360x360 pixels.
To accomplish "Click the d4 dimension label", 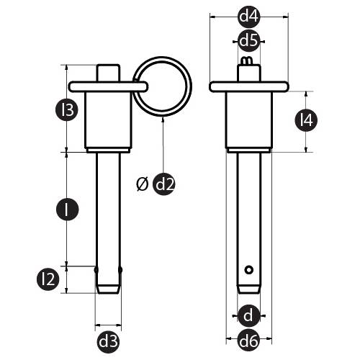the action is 249,17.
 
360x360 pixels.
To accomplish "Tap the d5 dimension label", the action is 249,40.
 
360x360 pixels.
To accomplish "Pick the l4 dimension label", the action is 306,120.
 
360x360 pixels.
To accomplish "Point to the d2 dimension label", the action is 164,184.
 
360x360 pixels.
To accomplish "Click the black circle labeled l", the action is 68,210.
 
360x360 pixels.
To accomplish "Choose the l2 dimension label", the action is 48,279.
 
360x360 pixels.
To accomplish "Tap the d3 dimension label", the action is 108,342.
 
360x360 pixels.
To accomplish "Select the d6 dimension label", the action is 249,341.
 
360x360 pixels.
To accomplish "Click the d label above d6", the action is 249,315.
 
